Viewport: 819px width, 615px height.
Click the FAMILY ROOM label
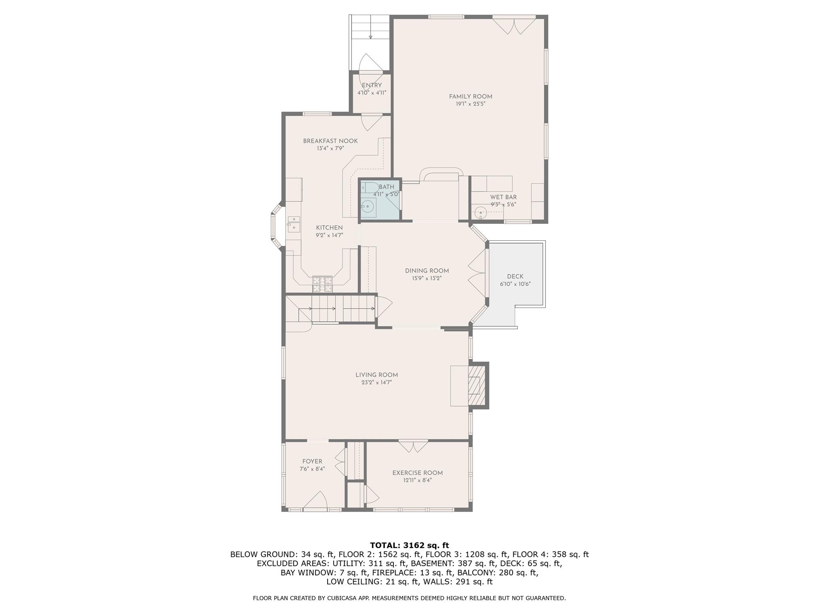coord(470,96)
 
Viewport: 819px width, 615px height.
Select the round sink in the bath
coord(368,207)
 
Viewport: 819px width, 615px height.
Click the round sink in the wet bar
coord(479,212)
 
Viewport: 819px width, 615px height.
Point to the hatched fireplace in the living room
coord(475,386)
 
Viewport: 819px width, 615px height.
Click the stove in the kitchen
coord(322,283)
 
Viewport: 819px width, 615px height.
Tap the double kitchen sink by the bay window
coord(294,223)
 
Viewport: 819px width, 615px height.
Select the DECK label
coord(515,277)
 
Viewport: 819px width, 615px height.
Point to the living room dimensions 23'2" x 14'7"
coord(376,382)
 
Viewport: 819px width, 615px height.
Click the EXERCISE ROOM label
coord(417,473)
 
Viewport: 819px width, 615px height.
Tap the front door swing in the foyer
coord(316,500)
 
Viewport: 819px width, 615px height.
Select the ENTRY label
coord(372,85)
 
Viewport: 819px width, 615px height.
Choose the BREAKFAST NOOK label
coord(330,141)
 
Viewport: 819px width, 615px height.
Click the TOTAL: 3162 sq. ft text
coord(409,545)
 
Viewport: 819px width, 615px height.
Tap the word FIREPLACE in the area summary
coord(393,573)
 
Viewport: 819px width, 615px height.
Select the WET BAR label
coord(503,197)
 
